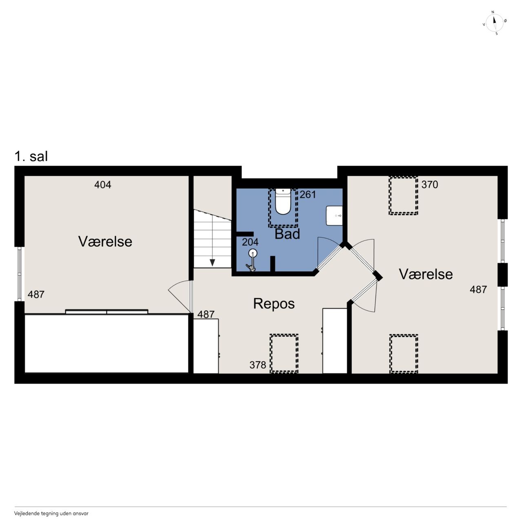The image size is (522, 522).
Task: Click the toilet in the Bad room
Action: click(x=283, y=202)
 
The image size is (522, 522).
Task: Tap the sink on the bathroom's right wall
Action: click(x=334, y=216)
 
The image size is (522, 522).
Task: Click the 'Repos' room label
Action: click(x=274, y=303)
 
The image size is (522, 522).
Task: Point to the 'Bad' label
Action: click(x=287, y=234)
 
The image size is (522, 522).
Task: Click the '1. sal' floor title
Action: click(x=31, y=156)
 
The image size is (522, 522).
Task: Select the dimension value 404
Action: click(x=103, y=185)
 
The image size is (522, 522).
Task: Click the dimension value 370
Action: click(x=429, y=184)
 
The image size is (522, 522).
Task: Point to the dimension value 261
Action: click(x=308, y=195)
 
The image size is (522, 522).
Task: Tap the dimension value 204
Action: click(x=250, y=242)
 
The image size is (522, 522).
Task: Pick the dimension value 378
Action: click(x=258, y=365)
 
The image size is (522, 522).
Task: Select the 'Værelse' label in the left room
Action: click(x=105, y=241)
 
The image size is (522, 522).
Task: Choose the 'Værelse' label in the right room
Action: click(x=426, y=274)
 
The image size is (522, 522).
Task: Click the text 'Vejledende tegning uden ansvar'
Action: click(x=51, y=513)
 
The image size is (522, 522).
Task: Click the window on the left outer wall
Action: click(x=20, y=274)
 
